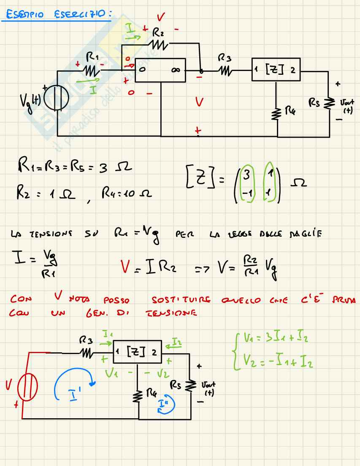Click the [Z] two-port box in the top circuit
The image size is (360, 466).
click(x=275, y=69)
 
